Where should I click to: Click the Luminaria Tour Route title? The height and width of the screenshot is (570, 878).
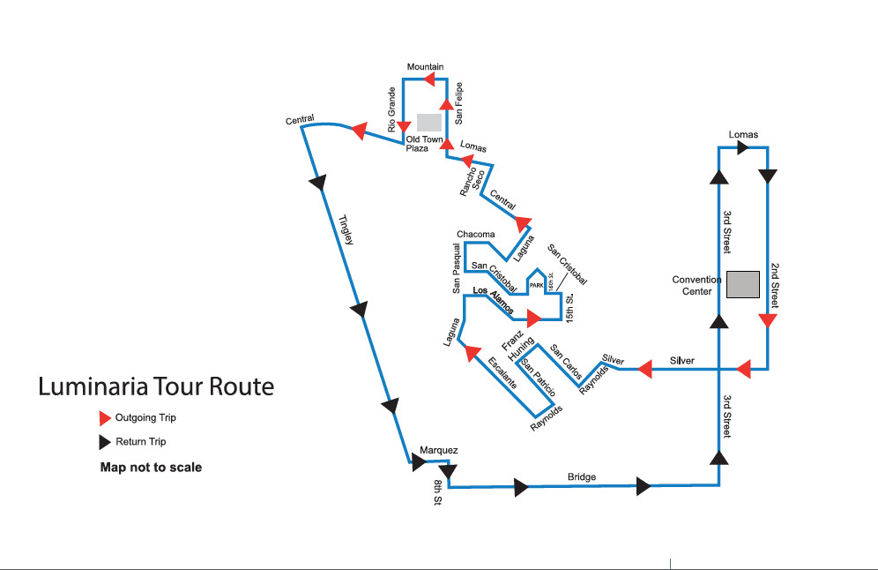[156, 386]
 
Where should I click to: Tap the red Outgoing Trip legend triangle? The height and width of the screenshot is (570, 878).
[106, 417]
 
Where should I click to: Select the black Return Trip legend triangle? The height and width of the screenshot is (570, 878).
[106, 441]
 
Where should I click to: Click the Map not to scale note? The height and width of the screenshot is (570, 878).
[151, 467]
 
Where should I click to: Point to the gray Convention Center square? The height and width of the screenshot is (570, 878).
[743, 284]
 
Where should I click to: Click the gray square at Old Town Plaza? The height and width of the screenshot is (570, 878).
[429, 122]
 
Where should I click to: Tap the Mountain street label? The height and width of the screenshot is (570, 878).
[425, 67]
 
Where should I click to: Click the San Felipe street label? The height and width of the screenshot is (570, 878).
[459, 102]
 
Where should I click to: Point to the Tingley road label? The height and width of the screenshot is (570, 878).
[346, 231]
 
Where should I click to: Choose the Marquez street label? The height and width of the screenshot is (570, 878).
[438, 450]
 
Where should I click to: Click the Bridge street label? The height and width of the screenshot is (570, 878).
[582, 477]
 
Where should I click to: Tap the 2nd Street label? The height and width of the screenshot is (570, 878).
[774, 283]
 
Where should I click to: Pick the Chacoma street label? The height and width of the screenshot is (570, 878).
[476, 234]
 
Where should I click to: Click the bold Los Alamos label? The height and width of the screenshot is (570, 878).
[494, 296]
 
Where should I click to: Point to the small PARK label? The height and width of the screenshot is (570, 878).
[536, 286]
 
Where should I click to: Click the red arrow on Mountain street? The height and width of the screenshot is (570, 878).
[431, 79]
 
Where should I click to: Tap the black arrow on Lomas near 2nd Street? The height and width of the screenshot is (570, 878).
[742, 147]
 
